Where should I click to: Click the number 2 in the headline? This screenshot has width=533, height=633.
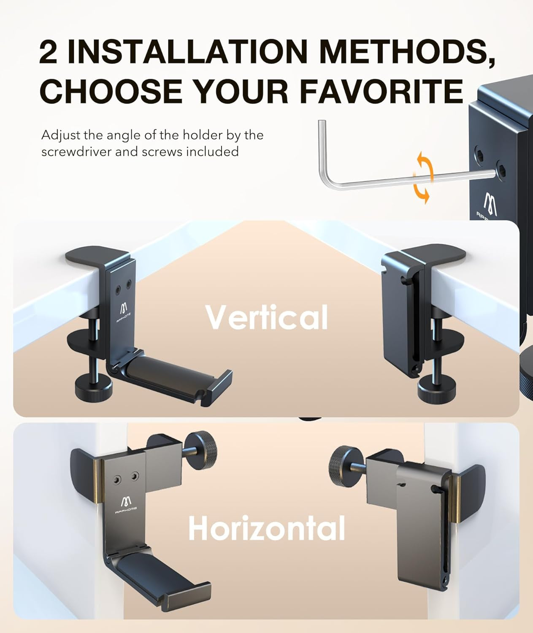coord(48,52)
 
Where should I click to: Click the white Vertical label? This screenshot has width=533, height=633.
coord(266,317)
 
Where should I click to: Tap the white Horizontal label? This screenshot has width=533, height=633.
coord(266,528)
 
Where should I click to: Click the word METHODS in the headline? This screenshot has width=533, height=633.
coord(406,51)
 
